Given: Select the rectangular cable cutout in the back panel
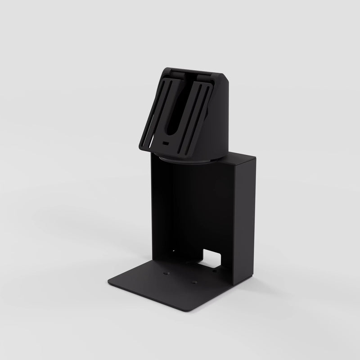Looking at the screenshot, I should [x=211, y=259].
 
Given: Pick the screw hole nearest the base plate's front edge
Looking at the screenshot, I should [x=194, y=282].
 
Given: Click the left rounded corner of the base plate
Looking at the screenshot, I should [x=111, y=281].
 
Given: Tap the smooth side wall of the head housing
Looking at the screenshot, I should [x=221, y=121].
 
